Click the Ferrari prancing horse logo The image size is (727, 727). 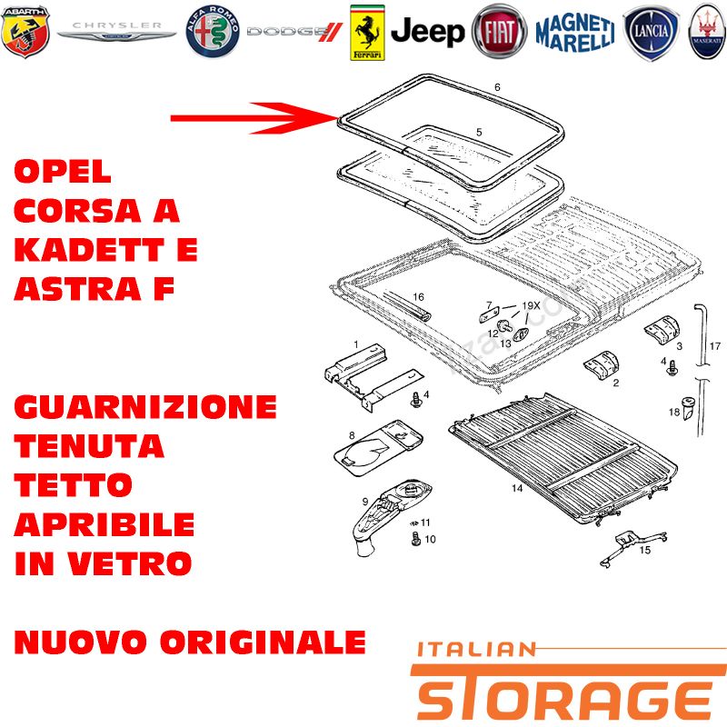(367, 33)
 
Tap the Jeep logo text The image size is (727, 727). (427, 32)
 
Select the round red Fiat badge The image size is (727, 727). (499, 32)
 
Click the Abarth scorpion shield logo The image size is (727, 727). (25, 32)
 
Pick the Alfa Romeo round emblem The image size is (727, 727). (213, 32)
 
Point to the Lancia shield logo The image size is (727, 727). (651, 33)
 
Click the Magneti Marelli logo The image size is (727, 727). (575, 33)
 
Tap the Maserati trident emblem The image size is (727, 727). (708, 32)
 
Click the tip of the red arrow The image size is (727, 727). (337, 118)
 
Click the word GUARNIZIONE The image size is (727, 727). (145, 406)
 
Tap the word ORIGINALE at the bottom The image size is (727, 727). (264, 642)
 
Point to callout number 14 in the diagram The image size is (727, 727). (517, 488)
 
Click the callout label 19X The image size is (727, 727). (531, 305)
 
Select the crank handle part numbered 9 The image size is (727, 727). (392, 515)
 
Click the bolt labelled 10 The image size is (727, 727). (416, 539)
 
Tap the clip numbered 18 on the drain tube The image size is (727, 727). (688, 407)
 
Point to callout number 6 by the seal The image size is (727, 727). (497, 86)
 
